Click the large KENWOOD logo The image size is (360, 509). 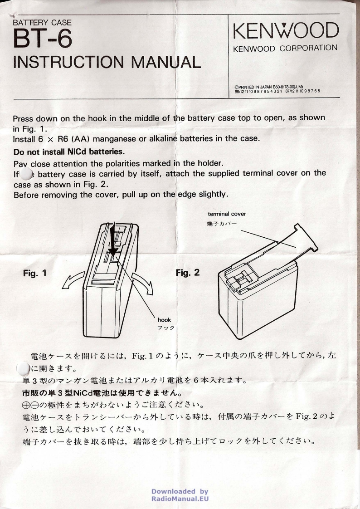(x=285, y=31)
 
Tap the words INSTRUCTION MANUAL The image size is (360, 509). (x=107, y=61)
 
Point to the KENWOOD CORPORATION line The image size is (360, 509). (x=285, y=48)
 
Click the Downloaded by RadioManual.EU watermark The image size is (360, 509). (x=180, y=495)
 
